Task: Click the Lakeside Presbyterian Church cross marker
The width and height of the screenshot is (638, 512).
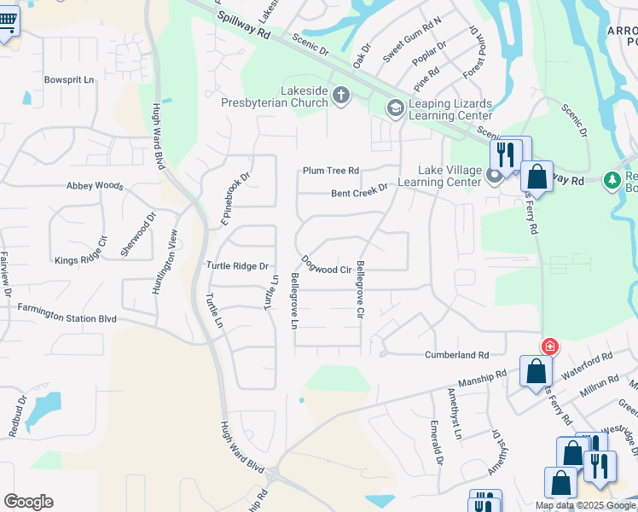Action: [x=341, y=95]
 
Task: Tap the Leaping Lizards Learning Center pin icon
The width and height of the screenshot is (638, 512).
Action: [x=395, y=108]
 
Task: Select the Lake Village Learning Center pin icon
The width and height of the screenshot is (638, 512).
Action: [x=496, y=177]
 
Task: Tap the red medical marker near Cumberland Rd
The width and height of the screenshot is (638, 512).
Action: [x=550, y=346]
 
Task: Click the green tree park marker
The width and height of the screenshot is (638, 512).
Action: [x=611, y=180]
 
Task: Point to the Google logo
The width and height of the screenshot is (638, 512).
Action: [x=28, y=501]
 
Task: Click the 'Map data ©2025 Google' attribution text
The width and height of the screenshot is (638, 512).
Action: [x=586, y=505]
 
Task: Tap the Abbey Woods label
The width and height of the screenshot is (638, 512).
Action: [x=96, y=185]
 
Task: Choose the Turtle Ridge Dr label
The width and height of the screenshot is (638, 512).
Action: [x=237, y=266]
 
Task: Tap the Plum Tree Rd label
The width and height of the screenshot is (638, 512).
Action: [x=331, y=171]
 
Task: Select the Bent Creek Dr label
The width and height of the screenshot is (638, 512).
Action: [x=360, y=191]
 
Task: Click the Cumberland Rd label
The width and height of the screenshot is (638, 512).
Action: [x=457, y=354]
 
